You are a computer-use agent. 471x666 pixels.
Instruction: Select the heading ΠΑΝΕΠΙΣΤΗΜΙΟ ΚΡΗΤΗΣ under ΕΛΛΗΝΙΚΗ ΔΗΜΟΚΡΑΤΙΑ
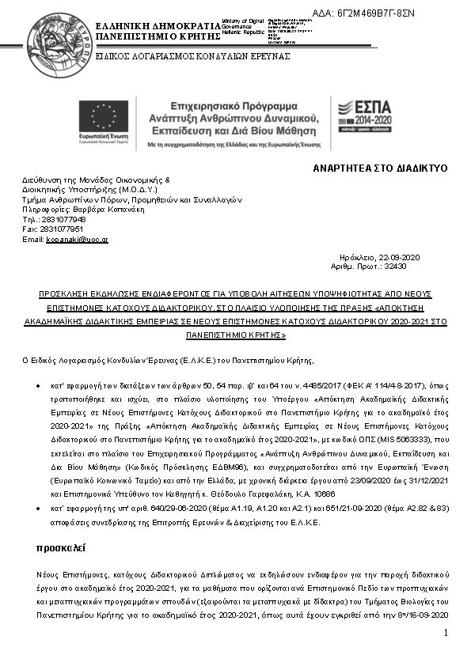click(x=157, y=36)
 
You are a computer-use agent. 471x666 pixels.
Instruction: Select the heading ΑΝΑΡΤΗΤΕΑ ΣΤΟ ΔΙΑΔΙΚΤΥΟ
click(x=381, y=168)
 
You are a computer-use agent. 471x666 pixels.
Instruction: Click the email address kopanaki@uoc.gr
click(x=77, y=239)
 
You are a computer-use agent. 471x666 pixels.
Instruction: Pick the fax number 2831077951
click(x=63, y=229)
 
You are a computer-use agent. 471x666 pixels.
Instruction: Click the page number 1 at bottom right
click(x=446, y=632)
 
